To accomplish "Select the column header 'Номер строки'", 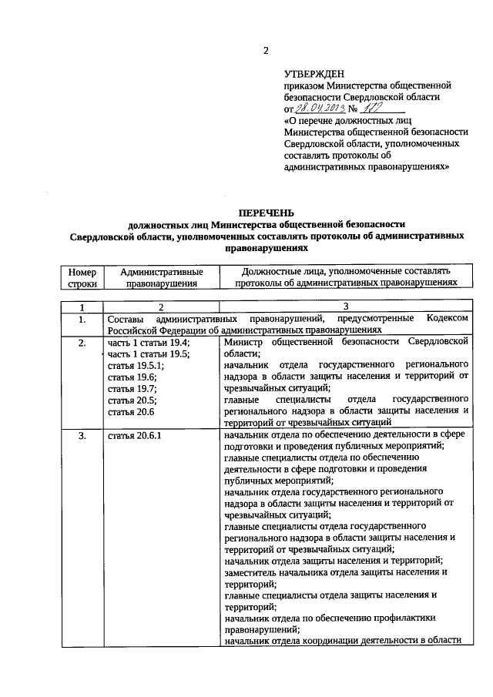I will click(x=82, y=277).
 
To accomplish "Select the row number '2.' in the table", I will click(x=82, y=343).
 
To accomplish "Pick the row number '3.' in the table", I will click(x=82, y=437).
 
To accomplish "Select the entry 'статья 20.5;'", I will click(x=132, y=400).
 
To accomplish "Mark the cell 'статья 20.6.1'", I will click(x=135, y=437).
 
